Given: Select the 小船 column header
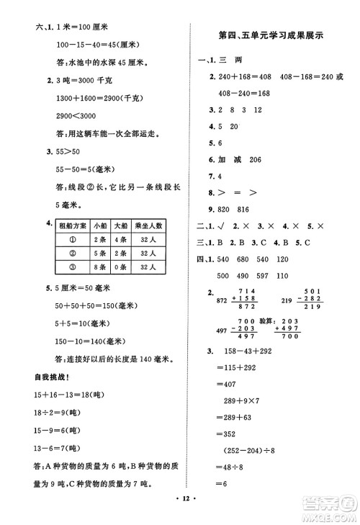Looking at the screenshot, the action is (x=100, y=224).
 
